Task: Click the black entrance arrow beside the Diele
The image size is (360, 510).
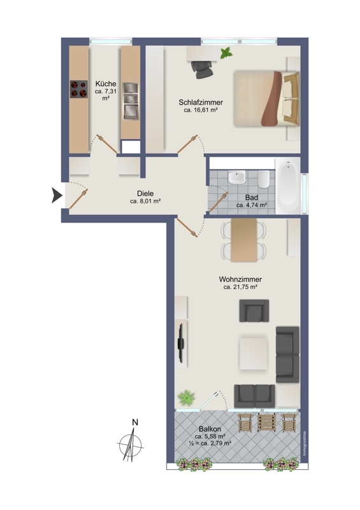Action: click(x=57, y=196)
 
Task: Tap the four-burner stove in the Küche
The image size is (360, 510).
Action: click(x=79, y=89)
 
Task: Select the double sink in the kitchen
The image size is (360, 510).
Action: click(x=131, y=101)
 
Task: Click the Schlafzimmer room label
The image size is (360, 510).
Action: click(x=201, y=103)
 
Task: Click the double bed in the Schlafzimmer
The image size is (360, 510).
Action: click(x=266, y=99)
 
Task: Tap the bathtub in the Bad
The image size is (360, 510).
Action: click(x=288, y=186)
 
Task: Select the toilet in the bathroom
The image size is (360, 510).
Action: click(x=264, y=179)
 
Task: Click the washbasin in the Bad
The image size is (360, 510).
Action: click(x=236, y=177)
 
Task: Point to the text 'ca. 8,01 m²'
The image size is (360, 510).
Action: click(x=145, y=201)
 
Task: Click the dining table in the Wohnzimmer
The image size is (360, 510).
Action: click(x=244, y=240)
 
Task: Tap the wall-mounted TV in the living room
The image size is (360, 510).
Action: click(x=182, y=342)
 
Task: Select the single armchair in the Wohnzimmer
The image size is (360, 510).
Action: click(x=254, y=310)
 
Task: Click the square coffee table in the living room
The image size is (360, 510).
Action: click(x=254, y=354)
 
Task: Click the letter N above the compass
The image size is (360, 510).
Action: click(x=135, y=422)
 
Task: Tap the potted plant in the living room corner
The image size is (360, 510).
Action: click(x=186, y=398)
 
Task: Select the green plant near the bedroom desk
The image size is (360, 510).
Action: click(x=226, y=53)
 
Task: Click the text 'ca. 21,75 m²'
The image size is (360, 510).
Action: click(x=240, y=287)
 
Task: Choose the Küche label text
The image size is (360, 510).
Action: click(x=106, y=84)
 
